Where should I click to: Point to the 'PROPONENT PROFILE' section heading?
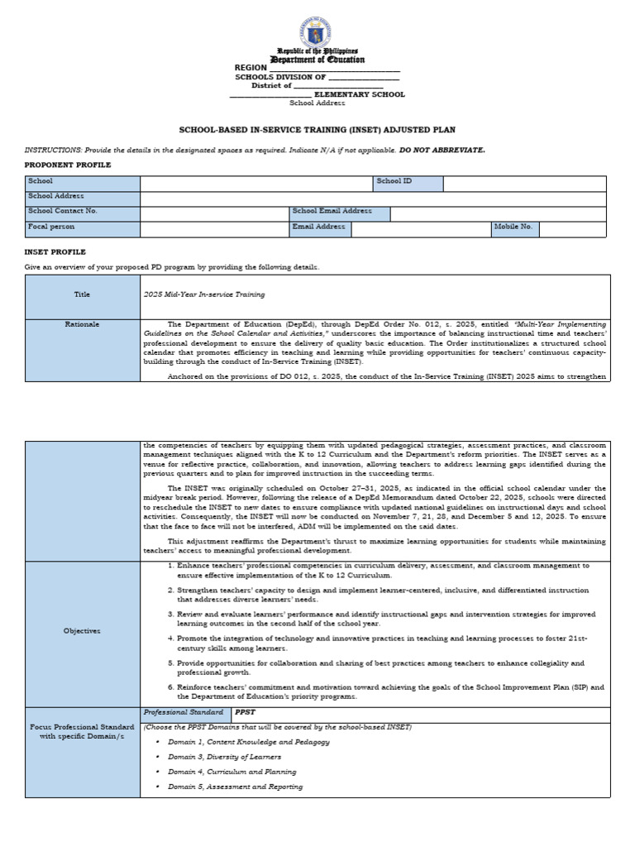(68, 165)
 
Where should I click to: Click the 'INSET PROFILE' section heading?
(55, 251)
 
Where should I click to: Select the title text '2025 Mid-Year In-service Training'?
(204, 294)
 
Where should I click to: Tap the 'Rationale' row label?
(82, 324)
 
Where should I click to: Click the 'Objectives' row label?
(82, 631)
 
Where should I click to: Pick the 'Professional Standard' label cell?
(184, 712)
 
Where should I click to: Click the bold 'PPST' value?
(245, 712)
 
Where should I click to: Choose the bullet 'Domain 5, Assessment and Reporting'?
(235, 787)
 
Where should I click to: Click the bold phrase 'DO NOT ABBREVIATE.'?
(442, 150)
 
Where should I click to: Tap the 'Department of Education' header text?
(318, 60)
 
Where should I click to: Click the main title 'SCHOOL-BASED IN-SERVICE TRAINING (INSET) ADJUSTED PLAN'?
(317, 130)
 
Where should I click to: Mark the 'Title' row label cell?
(82, 294)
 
